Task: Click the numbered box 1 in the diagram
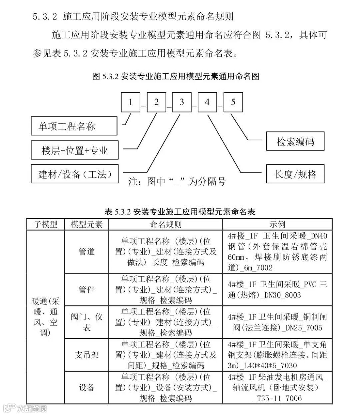130,102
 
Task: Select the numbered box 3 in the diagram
182,102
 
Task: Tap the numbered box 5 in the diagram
233,102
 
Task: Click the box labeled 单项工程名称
74,126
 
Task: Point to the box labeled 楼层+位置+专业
74,150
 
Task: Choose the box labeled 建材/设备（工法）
75,174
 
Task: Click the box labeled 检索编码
295,141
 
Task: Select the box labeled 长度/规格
295,174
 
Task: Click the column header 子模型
45,224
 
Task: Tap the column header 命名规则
166,224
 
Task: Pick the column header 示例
277,224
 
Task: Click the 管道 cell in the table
87,251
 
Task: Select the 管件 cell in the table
87,289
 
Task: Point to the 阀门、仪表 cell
87,322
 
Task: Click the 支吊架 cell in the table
87,355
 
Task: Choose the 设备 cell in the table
87,387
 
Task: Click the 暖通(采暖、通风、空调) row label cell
45,317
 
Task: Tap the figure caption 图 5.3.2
176,76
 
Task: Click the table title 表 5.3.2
180,211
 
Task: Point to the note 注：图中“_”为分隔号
177,181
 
